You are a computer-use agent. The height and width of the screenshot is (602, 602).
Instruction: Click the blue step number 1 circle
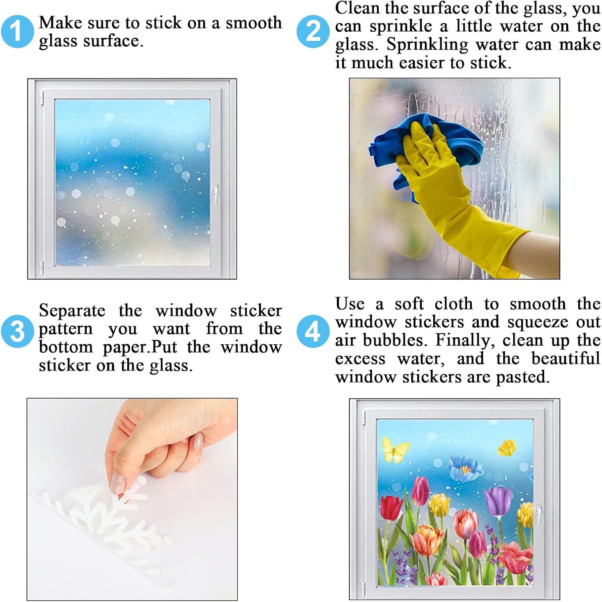17,31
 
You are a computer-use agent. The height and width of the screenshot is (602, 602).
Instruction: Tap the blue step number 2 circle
313,31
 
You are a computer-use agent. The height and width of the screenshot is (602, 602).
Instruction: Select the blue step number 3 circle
17,331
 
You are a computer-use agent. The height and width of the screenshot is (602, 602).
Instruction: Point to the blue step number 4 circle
313,331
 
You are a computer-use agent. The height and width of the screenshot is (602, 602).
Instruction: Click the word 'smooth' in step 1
253,23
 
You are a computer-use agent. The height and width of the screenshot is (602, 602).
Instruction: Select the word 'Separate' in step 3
72,311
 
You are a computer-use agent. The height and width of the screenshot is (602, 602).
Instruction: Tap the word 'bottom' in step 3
65,347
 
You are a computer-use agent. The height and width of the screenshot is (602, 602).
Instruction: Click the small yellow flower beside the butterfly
507,447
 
